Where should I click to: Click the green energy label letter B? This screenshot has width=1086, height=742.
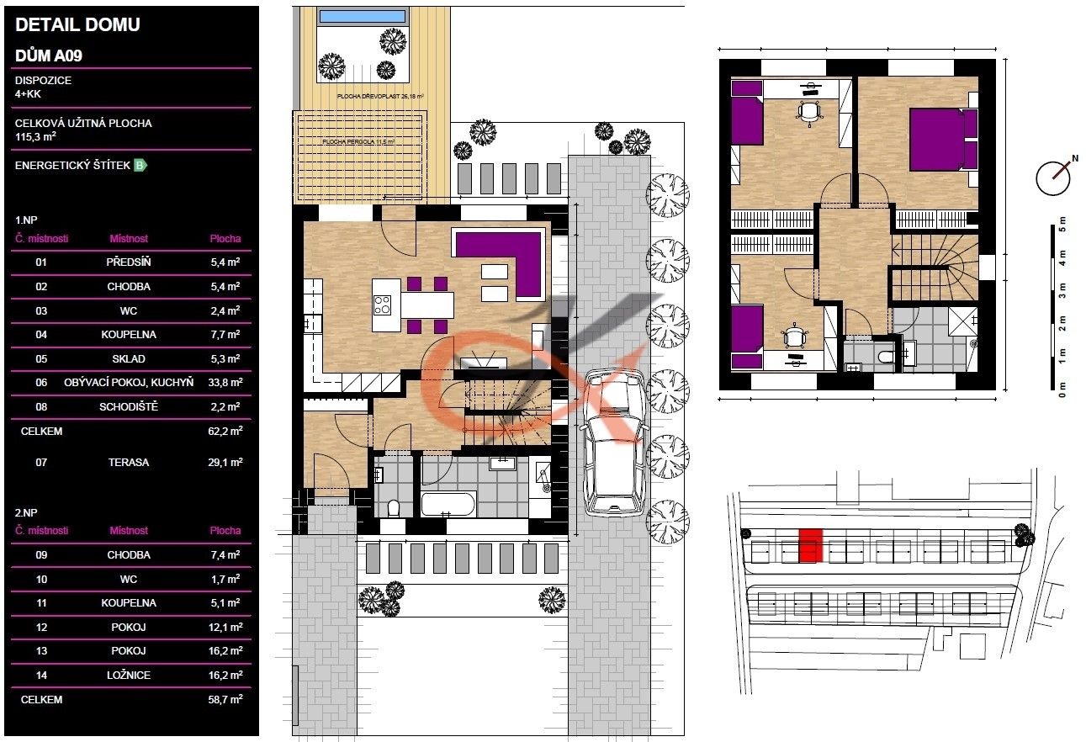point(140,166)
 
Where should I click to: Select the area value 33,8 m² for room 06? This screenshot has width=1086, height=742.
point(225,383)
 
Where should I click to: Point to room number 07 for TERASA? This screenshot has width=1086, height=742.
point(41,463)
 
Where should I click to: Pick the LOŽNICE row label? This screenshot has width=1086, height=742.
point(129,675)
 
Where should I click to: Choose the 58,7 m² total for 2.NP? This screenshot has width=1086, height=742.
point(225,699)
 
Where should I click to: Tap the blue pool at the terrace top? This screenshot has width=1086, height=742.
point(364,16)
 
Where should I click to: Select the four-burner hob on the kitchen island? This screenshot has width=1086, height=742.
point(382,304)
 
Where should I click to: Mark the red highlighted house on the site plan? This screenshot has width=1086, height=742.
point(809,545)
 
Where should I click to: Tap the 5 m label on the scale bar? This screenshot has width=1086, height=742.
point(1062,225)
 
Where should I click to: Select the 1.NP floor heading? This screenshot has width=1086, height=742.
point(28,217)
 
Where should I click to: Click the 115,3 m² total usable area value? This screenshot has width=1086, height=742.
point(35,136)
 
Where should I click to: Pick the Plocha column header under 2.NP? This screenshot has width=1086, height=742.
point(225,531)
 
